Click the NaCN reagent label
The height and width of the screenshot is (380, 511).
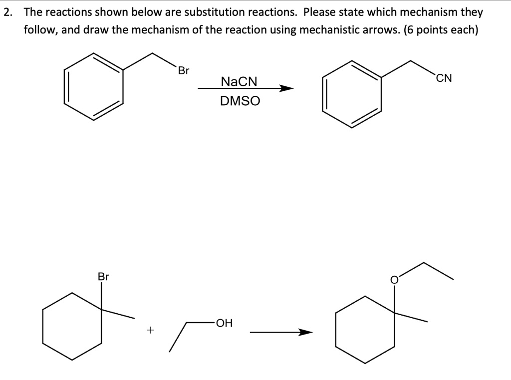tap(239, 81)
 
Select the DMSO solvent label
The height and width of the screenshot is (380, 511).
tap(240, 101)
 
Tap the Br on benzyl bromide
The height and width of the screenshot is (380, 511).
tap(184, 71)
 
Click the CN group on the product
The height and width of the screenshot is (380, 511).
tap(444, 78)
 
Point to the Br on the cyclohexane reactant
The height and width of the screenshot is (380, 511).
tap(103, 276)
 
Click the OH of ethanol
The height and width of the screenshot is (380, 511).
tap(224, 323)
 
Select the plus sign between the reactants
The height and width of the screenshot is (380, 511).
tap(150, 330)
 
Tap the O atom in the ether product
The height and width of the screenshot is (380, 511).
tap(394, 280)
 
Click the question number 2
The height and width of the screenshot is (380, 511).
tap(6, 12)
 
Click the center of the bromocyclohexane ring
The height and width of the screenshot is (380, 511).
tap(73, 326)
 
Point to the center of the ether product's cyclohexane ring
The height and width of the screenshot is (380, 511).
tap(365, 330)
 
